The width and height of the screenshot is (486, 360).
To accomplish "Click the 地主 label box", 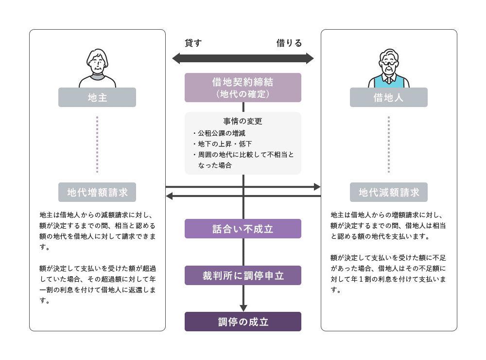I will coord(97,97).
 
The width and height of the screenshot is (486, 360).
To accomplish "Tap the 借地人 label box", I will coord(388,97).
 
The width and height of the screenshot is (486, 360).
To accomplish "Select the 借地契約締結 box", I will coord(243,88).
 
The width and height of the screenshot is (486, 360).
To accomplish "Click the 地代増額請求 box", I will coord(97,192).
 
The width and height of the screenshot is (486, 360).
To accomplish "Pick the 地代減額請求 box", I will coord(388,192).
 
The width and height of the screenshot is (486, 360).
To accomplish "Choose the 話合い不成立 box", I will coord(243,229).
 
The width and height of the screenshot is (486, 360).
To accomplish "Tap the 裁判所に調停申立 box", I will coord(243,275).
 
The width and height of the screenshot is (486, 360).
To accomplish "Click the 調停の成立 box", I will coord(243,322).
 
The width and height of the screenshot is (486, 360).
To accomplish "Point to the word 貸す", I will coord(193,43).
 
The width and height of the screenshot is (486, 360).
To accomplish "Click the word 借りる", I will coord(289,43).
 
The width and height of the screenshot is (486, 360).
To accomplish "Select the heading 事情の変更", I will coord(243,121).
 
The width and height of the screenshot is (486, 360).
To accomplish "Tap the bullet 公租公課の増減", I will coord(221,133).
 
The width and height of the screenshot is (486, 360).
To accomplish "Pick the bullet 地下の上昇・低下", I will coord(225,144).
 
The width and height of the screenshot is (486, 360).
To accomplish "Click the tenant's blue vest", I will coord(389,81).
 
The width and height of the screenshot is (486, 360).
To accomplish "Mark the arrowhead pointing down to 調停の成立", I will coord(243,308).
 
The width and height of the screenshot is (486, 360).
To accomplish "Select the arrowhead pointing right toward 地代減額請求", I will coord(317,187).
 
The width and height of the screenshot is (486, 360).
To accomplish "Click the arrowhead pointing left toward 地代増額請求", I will coord(169,196).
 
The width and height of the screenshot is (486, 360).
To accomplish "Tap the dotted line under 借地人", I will coord(389,144).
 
